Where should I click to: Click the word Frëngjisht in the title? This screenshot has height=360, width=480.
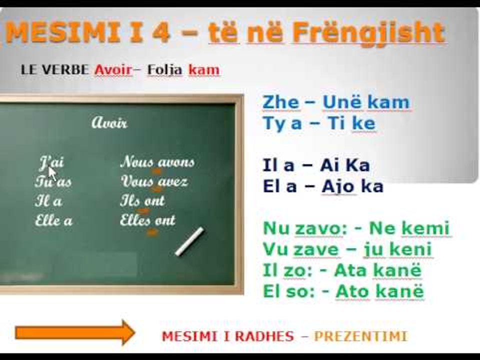pos(368,33)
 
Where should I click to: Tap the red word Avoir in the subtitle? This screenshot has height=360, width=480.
pos(113,69)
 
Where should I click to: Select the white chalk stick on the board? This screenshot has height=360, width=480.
pos(189,241)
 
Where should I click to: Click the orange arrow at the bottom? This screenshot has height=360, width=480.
pos(75,332)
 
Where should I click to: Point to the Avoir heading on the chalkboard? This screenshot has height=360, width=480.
pos(109,122)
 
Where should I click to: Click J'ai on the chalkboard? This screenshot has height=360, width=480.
pos(51,162)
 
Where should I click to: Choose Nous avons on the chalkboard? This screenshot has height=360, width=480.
pos(157,162)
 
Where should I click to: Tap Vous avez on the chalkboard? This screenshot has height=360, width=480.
pos(154,181)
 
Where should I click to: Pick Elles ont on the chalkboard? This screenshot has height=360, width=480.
pos(147,220)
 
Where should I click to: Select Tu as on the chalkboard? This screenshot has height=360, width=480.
pos(53,181)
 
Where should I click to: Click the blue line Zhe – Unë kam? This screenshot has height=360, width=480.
pos(336,102)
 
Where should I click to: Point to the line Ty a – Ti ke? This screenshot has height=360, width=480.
pos(319,123)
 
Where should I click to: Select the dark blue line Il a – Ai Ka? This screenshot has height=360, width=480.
pos(316,165)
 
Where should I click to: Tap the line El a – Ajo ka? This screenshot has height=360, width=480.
pos(323,186)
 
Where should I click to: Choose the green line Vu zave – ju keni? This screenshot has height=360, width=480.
pos(347,249)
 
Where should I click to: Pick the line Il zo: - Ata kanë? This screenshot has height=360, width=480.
pos(342,270)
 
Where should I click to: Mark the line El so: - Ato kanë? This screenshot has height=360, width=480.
pos(343,291)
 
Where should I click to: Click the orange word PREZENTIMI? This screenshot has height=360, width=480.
pos(360,336)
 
